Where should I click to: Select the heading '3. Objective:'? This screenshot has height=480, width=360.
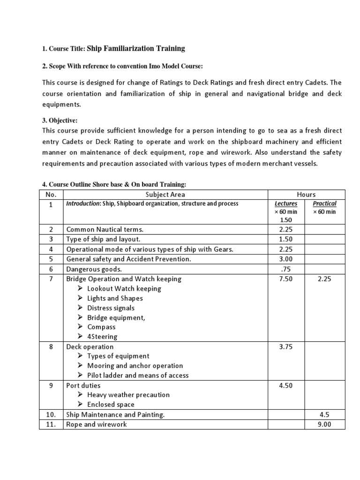(x=60, y=120)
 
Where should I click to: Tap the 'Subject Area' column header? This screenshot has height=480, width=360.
(x=165, y=194)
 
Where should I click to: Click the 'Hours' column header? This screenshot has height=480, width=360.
(x=306, y=194)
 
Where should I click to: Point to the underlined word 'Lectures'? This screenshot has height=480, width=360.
(x=286, y=203)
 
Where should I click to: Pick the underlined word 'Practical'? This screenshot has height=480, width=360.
(x=324, y=203)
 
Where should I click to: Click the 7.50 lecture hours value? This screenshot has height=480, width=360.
(x=286, y=279)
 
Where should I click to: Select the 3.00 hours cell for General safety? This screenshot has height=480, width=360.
(x=286, y=259)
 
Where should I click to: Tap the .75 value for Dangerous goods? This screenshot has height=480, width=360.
(x=286, y=269)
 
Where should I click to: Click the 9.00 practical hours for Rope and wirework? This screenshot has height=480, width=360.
(x=324, y=424)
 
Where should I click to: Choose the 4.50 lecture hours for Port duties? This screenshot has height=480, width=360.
(x=286, y=385)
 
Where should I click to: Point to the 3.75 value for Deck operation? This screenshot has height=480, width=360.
(x=286, y=347)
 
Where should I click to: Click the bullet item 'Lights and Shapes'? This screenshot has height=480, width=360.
(x=115, y=298)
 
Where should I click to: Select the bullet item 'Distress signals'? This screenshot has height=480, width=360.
(x=111, y=308)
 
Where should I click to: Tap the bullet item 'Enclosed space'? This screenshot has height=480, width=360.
(x=111, y=405)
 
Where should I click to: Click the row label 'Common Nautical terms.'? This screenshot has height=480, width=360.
(x=105, y=229)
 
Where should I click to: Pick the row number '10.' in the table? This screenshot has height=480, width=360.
(x=51, y=414)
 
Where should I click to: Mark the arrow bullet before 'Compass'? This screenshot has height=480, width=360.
(x=81, y=327)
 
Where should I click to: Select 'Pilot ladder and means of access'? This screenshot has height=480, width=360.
(x=138, y=375)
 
